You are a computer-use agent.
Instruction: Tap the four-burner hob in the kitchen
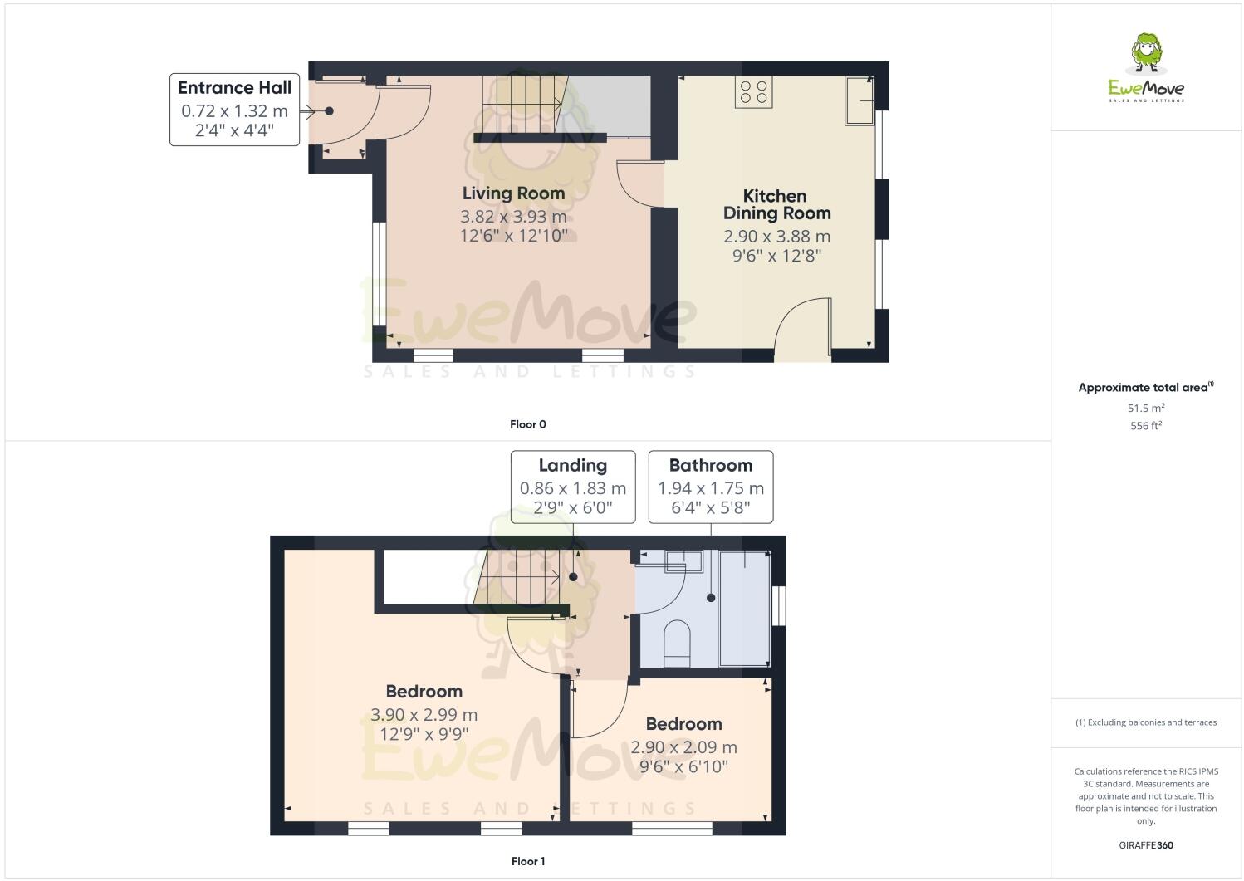point(753,91)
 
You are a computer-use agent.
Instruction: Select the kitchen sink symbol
point(860,100)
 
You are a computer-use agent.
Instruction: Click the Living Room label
point(513,193)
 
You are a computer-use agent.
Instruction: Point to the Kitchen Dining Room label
point(776,204)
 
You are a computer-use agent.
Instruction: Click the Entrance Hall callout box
point(234,110)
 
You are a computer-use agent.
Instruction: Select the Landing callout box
point(573,487)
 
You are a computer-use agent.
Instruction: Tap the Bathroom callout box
point(711,487)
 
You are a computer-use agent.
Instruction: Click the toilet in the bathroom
point(678,642)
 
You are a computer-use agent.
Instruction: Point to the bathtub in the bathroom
point(745,608)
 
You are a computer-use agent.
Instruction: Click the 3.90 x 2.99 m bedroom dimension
point(424,715)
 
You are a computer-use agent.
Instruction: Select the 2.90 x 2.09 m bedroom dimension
point(683,747)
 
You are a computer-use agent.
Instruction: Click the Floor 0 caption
point(528,424)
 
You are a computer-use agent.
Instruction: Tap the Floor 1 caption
point(528,861)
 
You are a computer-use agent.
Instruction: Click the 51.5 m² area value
point(1146,408)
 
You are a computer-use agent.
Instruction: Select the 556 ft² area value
point(1146,426)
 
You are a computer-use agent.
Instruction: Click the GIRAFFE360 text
point(1146,846)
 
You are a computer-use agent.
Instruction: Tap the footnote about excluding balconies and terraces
point(1146,722)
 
